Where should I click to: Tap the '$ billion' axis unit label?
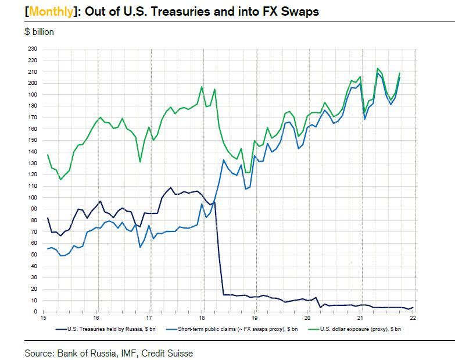[39, 32]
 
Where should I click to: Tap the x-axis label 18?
[202, 319]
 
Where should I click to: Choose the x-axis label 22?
[413, 319]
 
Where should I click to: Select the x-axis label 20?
[307, 319]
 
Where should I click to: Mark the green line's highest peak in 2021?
[378, 68]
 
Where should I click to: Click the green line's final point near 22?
[400, 73]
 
